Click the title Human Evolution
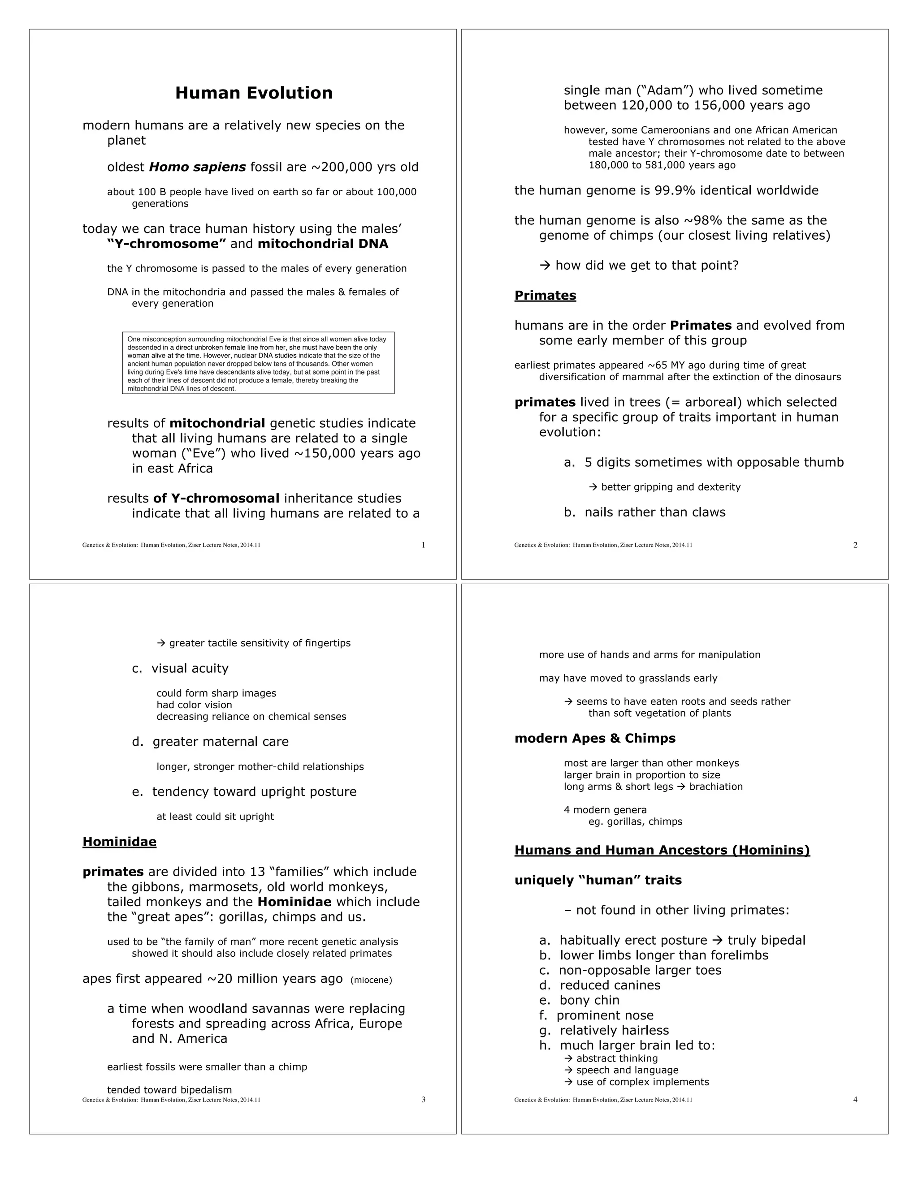coord(253,93)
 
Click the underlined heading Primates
coord(545,296)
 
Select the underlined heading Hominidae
coord(119,842)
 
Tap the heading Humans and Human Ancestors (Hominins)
coord(662,850)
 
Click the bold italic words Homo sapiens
coord(197,168)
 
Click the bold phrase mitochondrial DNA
coord(323,244)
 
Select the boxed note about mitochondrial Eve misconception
coord(258,362)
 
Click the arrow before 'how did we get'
coord(545,266)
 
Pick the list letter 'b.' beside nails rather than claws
coord(569,512)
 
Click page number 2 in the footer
coord(855,545)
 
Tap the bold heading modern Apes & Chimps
coord(595,738)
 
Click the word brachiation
coord(716,787)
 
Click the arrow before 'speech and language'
coord(569,1070)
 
